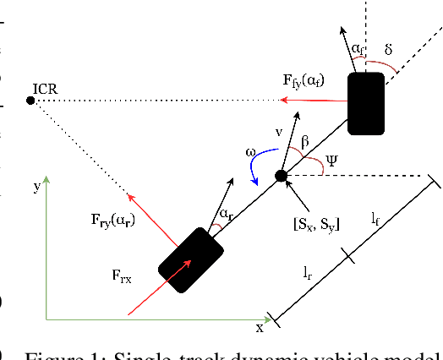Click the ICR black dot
(x=30, y=101)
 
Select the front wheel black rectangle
(x=366, y=103)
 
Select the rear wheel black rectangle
(x=190, y=259)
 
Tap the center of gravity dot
(x=282, y=176)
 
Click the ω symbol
(x=251, y=152)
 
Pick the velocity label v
(x=278, y=132)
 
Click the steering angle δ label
(x=388, y=50)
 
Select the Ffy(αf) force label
(x=310, y=82)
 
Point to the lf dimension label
(x=375, y=218)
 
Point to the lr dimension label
(x=309, y=272)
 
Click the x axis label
(x=260, y=326)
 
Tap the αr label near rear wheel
(x=225, y=215)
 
